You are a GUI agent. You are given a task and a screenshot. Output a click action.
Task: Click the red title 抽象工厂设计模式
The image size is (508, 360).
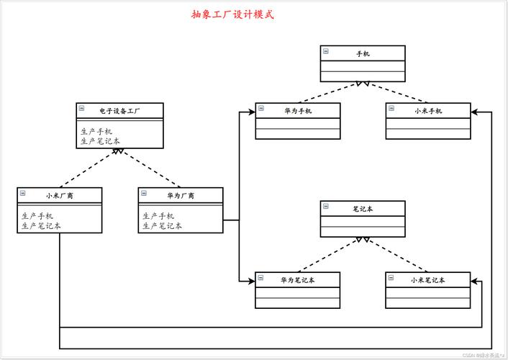[232, 14]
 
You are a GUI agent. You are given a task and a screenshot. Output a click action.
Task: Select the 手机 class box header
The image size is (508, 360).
[363, 53]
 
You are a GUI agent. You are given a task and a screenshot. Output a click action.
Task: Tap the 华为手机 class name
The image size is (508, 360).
[298, 110]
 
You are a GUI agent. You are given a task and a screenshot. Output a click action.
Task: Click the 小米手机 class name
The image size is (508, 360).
[428, 110]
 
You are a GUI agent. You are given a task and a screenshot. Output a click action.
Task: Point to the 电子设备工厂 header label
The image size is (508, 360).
[119, 110]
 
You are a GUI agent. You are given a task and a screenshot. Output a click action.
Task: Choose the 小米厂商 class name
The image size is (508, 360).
[60, 195]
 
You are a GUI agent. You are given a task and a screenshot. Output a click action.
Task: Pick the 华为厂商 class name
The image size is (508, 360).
[181, 195]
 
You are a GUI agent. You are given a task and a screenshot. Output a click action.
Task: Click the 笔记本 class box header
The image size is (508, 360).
[363, 208]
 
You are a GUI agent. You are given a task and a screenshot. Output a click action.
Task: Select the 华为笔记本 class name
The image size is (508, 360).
[298, 279]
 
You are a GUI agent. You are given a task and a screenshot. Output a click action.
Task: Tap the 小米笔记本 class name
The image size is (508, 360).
[428, 279]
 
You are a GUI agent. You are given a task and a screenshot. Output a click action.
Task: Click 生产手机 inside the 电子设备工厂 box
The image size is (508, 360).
[96, 132]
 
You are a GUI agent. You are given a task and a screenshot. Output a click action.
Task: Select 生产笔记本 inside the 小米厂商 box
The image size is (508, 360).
[41, 225]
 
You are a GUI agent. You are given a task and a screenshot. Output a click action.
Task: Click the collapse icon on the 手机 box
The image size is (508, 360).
[326, 51]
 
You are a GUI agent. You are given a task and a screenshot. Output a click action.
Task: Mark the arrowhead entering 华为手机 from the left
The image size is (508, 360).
[251, 112]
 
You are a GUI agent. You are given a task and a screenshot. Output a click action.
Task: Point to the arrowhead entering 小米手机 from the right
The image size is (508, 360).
[475, 112]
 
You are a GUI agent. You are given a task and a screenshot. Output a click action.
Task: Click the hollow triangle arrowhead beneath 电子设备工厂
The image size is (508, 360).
[120, 151]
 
